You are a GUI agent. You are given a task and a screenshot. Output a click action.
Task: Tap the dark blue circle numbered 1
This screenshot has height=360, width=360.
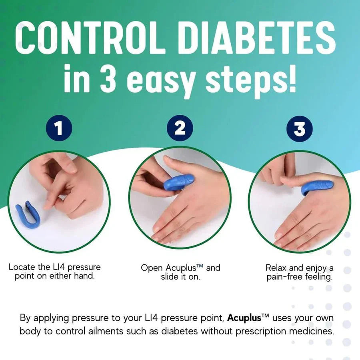coord(59,128)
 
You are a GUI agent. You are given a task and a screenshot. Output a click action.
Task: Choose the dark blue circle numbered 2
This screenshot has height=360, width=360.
coord(180,128)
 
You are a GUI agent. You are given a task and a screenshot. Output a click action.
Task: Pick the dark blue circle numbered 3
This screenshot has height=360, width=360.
coord(300,128)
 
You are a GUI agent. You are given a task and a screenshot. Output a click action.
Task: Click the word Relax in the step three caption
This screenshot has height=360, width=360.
coord(276,267)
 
